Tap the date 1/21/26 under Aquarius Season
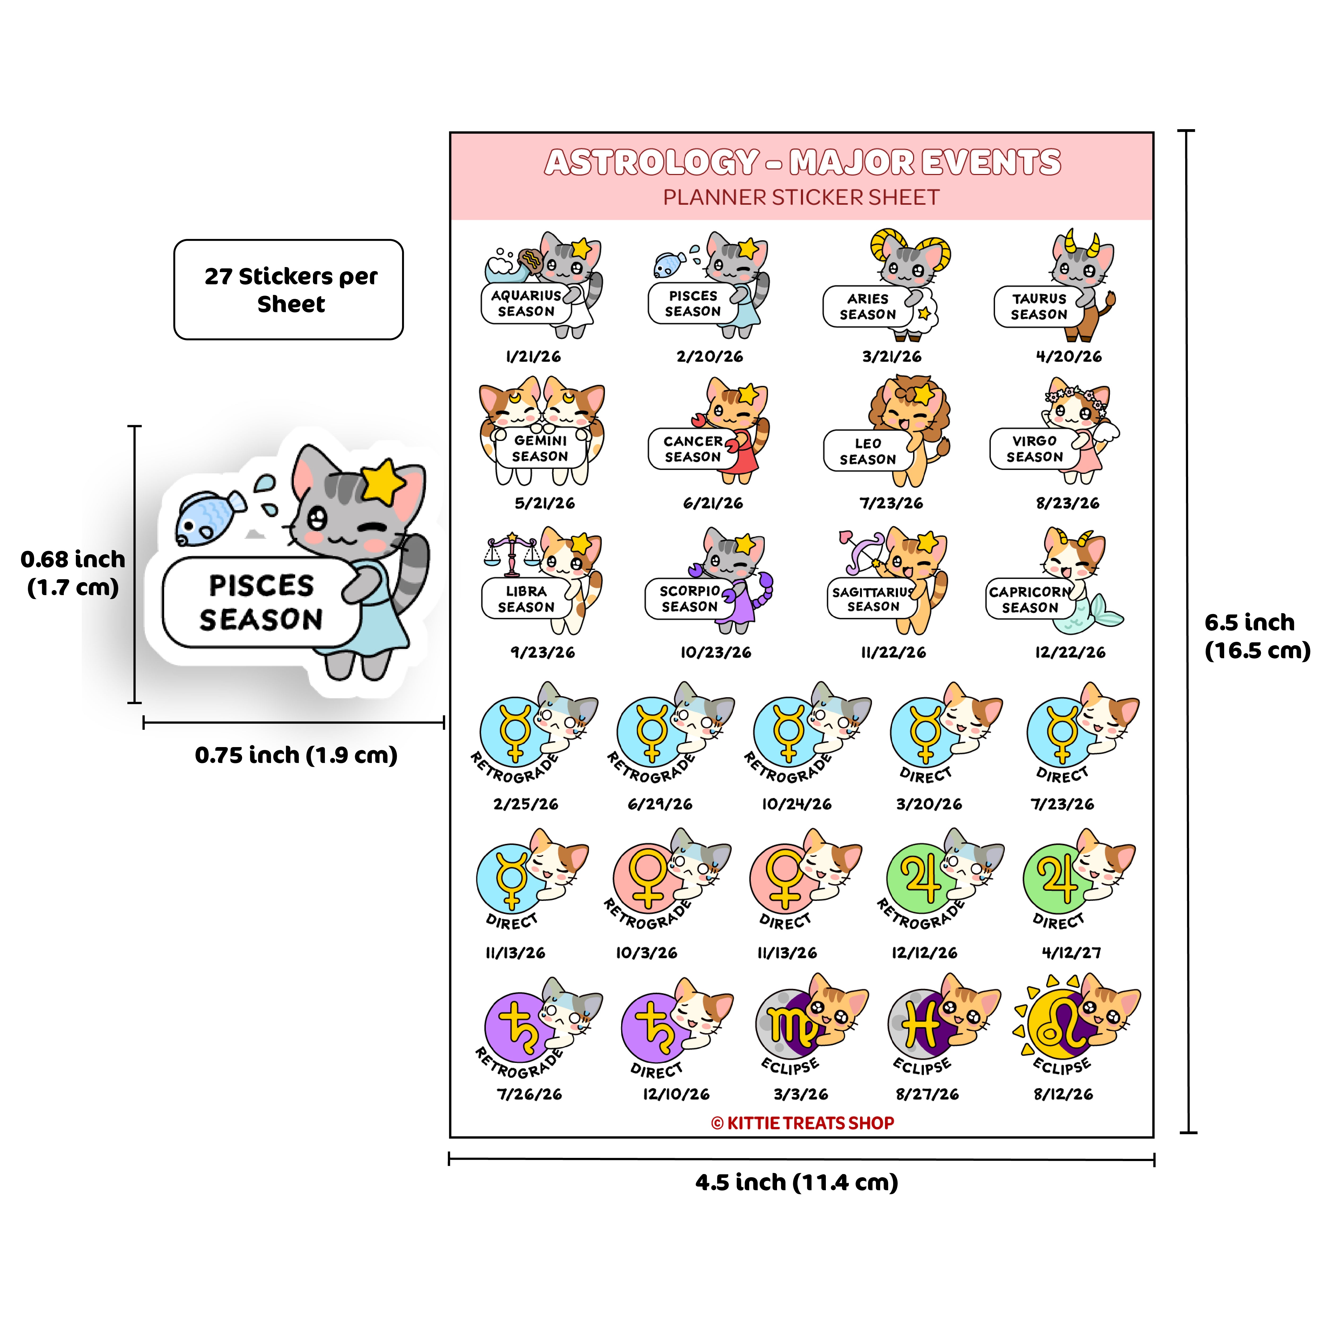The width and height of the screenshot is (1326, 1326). tap(533, 356)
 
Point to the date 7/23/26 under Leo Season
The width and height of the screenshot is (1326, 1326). tap(892, 503)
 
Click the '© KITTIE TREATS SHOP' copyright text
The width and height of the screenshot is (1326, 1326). tap(802, 1123)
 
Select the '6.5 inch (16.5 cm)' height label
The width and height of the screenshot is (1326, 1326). tap(1257, 636)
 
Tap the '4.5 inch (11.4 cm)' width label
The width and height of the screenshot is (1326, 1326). tap(797, 1183)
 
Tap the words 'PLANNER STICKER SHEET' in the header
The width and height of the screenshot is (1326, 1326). tap(801, 198)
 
